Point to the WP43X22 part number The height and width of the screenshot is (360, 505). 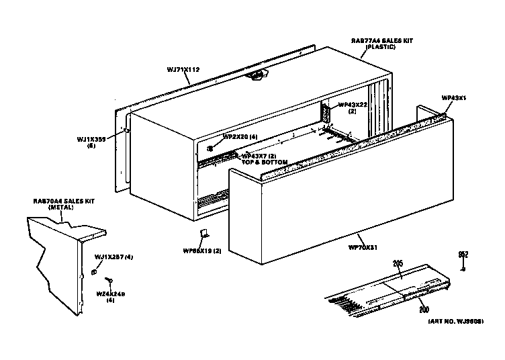352,104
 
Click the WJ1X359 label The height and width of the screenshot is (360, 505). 91,139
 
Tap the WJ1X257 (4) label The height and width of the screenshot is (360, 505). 113,257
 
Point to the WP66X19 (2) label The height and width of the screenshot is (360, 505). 202,250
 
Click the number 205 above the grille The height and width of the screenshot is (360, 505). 398,265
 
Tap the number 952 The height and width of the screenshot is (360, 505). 463,254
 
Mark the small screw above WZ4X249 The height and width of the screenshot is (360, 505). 107,280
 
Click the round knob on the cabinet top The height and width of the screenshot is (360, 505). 257,78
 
